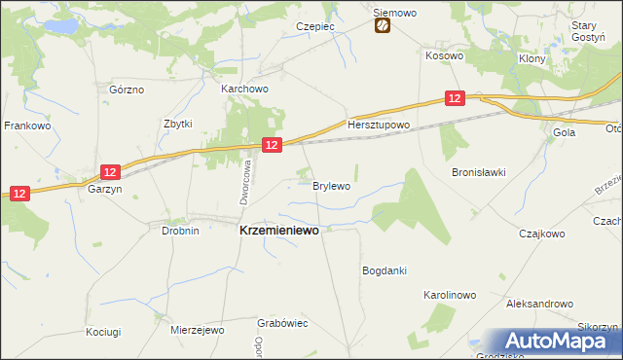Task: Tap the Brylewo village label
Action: pyautogui.click(x=331, y=185)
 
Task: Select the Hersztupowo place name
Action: pyautogui.click(x=380, y=126)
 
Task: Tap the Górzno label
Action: pyautogui.click(x=127, y=90)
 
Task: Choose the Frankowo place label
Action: pyautogui.click(x=27, y=126)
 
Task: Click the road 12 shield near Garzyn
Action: pyautogui.click(x=110, y=172)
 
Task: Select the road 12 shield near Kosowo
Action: pyautogui.click(x=455, y=97)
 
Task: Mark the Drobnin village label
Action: pyautogui.click(x=180, y=232)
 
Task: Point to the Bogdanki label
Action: pyautogui.click(x=384, y=270)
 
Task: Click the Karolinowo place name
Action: pyautogui.click(x=449, y=294)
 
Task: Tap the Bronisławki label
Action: pyautogui.click(x=478, y=173)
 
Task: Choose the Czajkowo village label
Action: pyautogui.click(x=542, y=234)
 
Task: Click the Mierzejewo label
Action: pyautogui.click(x=197, y=331)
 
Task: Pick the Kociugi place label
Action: pyautogui.click(x=102, y=332)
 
